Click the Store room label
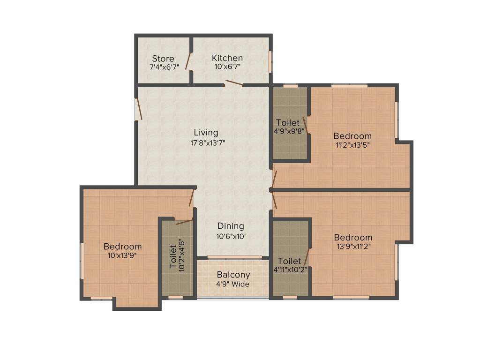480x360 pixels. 163,59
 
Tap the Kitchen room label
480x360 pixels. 227,58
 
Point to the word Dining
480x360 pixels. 231,226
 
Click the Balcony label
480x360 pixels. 233,275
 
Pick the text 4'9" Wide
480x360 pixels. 233,284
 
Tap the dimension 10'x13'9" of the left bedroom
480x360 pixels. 122,255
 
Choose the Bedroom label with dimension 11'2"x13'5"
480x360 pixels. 352,136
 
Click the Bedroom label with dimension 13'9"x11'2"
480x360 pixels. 353,237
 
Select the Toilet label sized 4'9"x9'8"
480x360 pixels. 287,123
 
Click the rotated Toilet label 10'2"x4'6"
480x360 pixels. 178,256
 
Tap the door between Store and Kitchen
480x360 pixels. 188,61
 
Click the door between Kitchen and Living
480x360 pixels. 233,83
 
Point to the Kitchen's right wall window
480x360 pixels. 270,61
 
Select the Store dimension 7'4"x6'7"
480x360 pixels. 164,67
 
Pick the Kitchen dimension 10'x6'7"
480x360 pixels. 227,67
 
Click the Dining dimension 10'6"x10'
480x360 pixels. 231,236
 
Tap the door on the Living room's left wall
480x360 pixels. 139,109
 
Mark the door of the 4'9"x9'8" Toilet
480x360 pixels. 306,126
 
